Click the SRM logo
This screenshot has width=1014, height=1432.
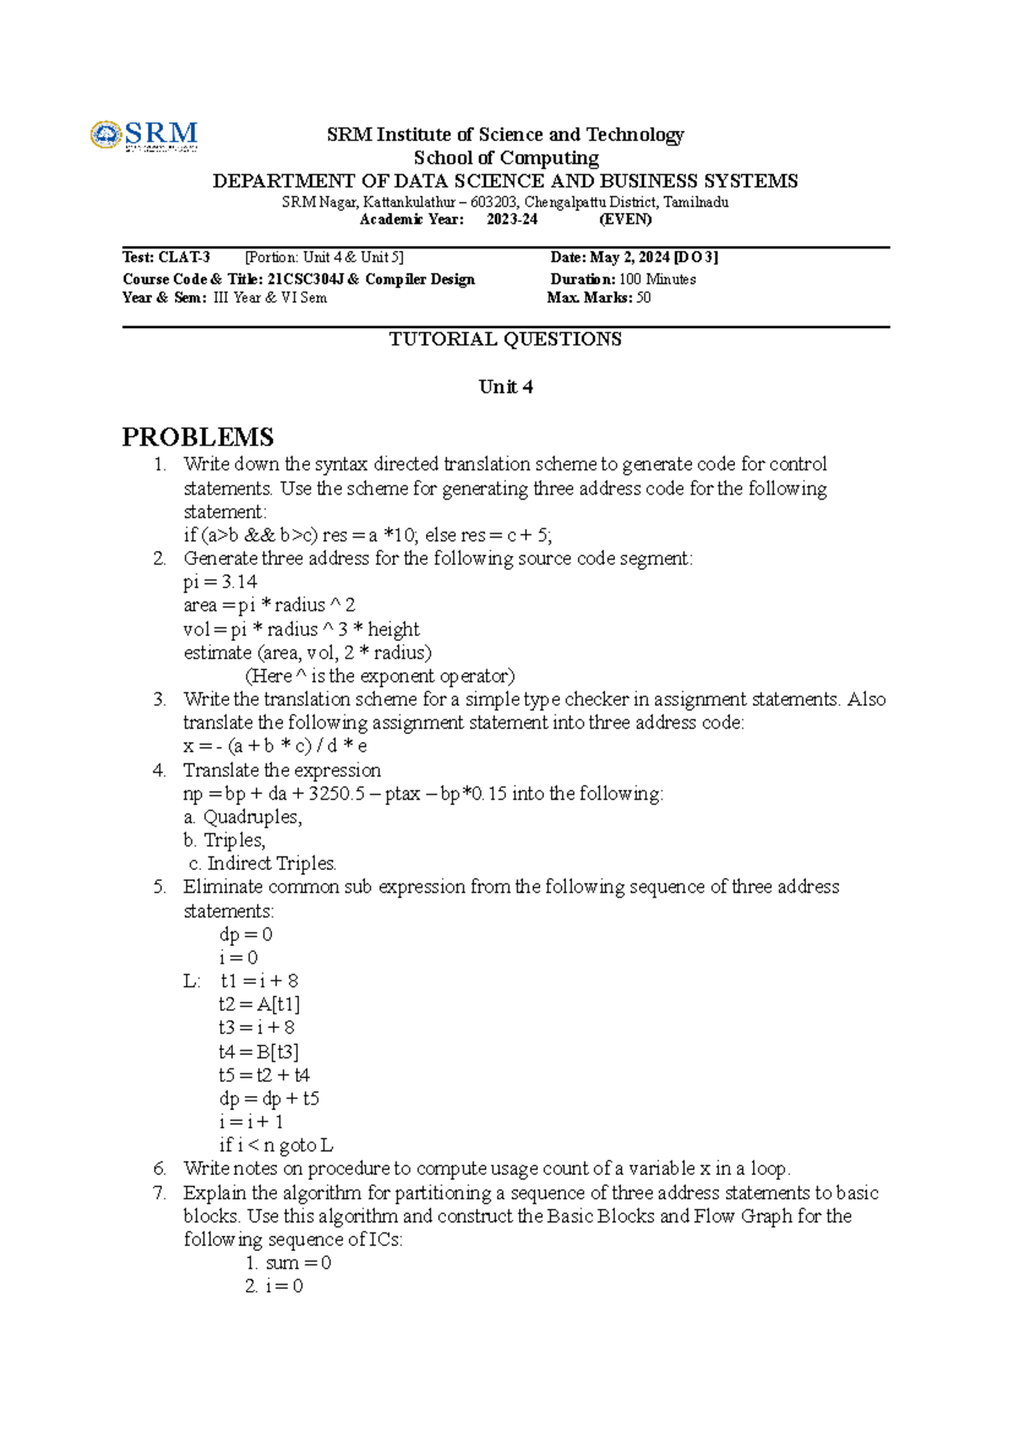pos(144,135)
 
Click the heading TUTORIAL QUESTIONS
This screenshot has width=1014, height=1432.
pos(505,339)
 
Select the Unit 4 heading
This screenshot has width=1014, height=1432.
pos(505,387)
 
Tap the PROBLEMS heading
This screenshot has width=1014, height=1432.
pos(198,437)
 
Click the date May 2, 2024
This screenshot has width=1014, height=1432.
pos(630,257)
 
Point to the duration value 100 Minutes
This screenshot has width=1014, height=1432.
pos(657,279)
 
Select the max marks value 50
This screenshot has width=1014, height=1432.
pos(643,298)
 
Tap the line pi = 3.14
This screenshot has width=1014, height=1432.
pos(221,582)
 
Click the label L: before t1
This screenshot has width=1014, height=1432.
pos(192,981)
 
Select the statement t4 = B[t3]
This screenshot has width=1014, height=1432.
pos(259,1052)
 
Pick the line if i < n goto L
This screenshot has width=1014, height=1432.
pos(275,1145)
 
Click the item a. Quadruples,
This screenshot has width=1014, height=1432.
pos(243,817)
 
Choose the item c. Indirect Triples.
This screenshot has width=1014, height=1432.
pos(263,863)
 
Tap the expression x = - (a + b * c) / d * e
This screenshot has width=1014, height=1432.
pos(275,746)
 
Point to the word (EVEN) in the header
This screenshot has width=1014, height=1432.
pos(625,219)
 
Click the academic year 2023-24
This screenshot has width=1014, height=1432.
pos(512,219)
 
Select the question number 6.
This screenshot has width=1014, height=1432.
pos(160,1168)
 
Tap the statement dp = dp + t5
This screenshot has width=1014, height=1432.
pos(269,1098)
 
